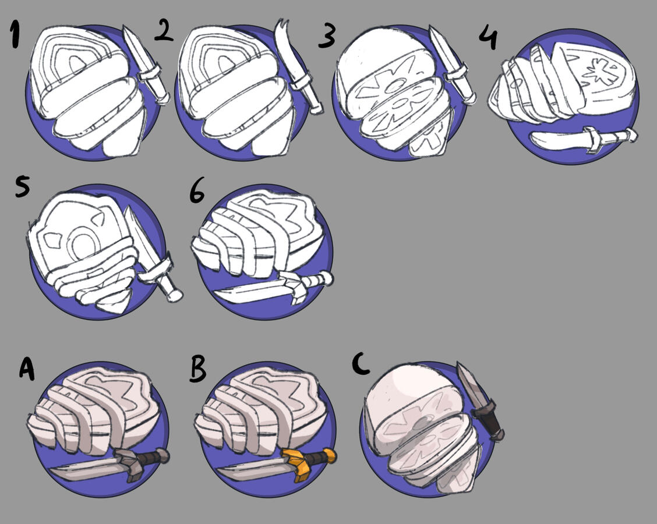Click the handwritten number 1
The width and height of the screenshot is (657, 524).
15,35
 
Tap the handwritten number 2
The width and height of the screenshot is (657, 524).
164,31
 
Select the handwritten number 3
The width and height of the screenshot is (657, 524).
327,35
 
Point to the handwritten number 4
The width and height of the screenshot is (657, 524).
488,36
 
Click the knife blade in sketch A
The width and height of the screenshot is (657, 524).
84,468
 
